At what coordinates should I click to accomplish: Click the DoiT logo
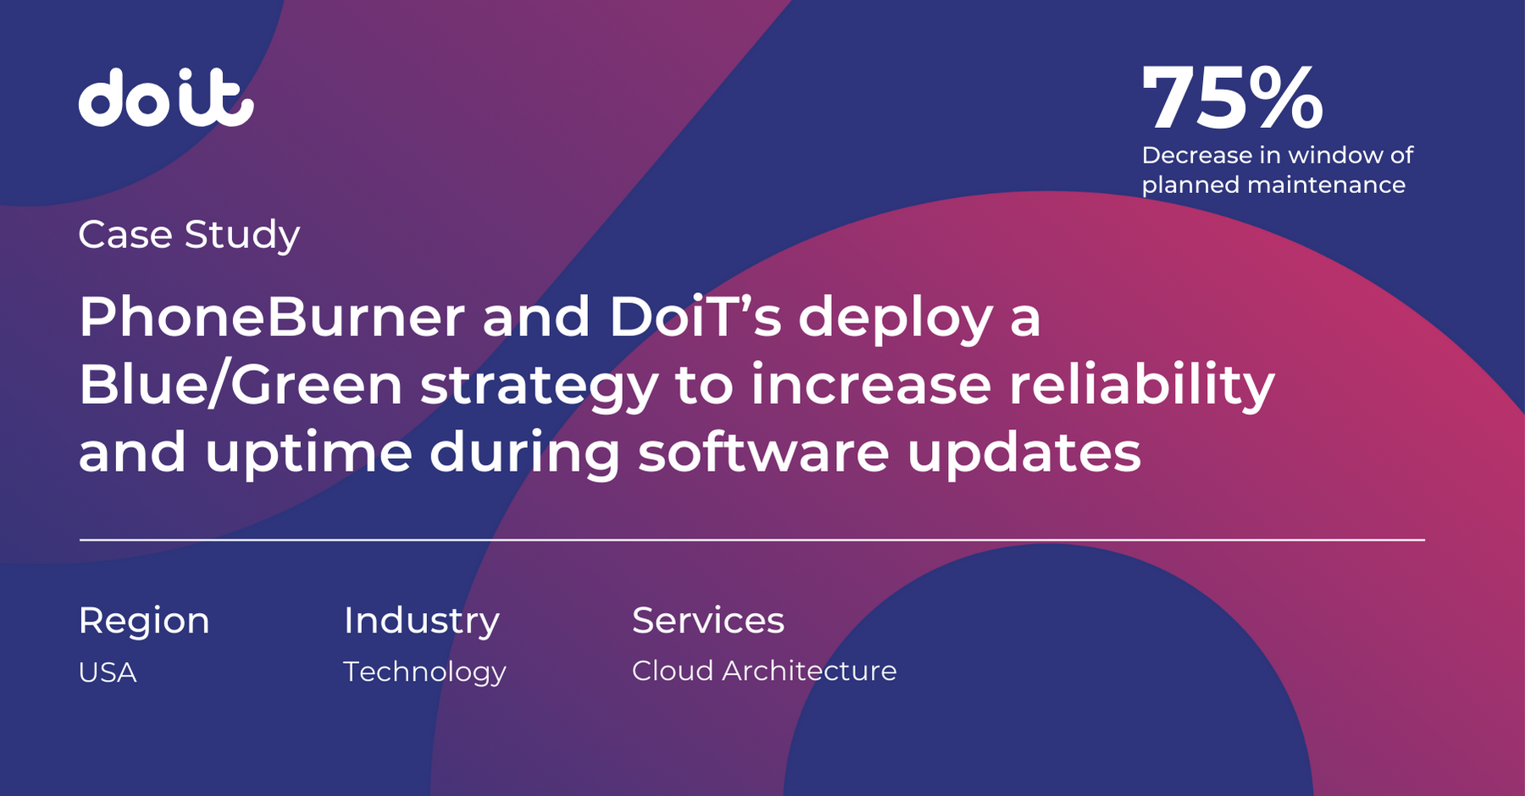[166, 97]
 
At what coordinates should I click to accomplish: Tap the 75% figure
[1233, 98]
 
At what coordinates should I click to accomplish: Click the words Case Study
[189, 235]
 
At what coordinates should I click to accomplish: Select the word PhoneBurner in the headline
[272, 317]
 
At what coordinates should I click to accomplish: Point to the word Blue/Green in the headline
[241, 385]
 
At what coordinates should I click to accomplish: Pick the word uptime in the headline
[308, 454]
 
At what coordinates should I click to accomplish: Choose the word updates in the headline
[1024, 454]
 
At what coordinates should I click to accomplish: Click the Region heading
[144, 622]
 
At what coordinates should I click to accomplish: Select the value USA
[108, 672]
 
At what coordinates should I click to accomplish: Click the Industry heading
[421, 622]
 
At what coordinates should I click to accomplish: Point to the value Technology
[424, 672]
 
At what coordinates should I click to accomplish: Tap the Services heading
[708, 620]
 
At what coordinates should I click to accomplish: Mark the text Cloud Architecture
[764, 671]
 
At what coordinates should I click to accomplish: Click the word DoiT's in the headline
[695, 317]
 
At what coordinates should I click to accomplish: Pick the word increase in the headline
[871, 384]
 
